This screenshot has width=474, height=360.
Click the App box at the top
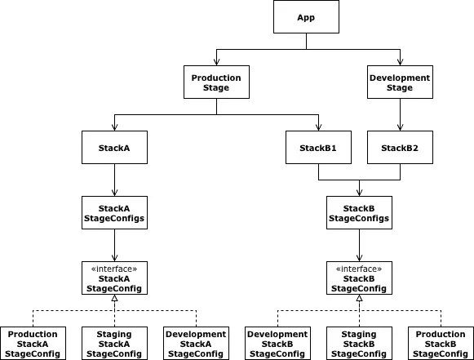[306, 16]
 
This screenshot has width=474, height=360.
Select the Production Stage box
[216, 82]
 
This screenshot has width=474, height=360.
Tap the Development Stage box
[400, 82]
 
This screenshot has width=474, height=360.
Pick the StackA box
[114, 147]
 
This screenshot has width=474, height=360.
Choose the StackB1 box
[318, 147]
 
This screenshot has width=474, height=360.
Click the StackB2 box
[400, 147]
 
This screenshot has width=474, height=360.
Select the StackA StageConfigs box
[114, 213]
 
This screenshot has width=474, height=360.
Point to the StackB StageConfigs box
[359, 213]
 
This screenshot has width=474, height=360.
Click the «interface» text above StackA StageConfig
[114, 269]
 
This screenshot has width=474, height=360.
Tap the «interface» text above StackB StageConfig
[359, 269]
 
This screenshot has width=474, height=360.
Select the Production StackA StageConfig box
[33, 344]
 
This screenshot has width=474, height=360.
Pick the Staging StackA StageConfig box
[114, 344]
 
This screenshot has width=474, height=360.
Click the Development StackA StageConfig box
[196, 344]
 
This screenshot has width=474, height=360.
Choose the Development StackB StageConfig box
[277, 344]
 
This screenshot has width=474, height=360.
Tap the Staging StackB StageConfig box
[359, 344]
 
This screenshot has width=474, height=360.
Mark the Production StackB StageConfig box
[441, 344]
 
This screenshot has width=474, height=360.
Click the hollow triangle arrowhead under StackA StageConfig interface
[114, 298]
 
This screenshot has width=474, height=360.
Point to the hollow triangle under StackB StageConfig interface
[359, 298]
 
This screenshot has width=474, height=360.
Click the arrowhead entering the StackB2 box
[400, 127]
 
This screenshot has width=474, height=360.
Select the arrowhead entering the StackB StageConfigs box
[359, 193]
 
